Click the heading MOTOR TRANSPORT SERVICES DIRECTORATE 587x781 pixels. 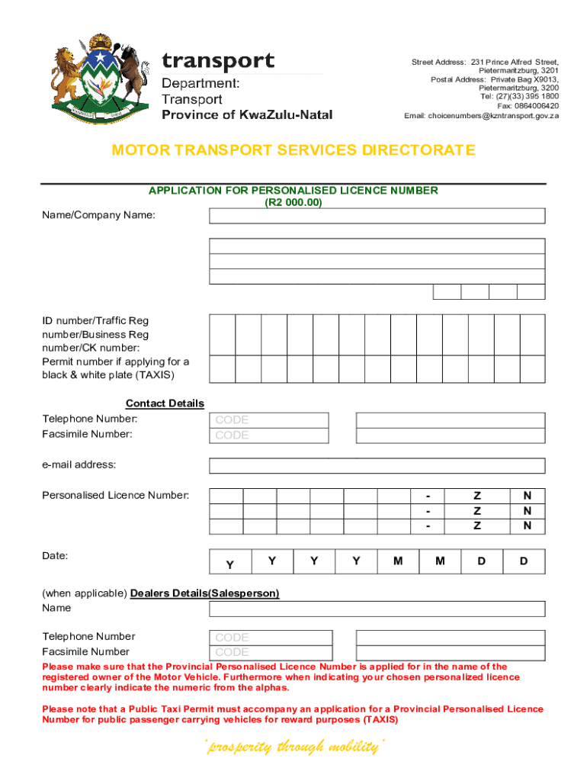tap(293, 150)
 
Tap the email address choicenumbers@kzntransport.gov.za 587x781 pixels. tap(483, 116)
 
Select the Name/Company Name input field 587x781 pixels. tap(377, 216)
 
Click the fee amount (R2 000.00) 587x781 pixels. tap(293, 203)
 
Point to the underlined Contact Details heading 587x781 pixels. tap(165, 403)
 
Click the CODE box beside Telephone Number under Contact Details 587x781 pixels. tap(269, 420)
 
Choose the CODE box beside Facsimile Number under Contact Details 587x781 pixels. tap(269, 435)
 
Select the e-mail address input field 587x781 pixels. tap(377, 465)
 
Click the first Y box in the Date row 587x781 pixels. tap(230, 563)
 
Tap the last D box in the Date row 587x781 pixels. tap(524, 561)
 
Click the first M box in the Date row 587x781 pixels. tap(398, 561)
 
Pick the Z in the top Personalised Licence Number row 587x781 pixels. tap(477, 496)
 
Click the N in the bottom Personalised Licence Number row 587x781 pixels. tap(527, 526)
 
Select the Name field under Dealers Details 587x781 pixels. tap(377, 609)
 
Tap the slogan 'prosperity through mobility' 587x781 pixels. tap(293, 746)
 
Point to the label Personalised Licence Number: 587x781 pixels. tap(116, 496)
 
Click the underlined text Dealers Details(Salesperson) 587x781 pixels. tap(205, 593)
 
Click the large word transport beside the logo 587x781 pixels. tap(218, 60)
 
